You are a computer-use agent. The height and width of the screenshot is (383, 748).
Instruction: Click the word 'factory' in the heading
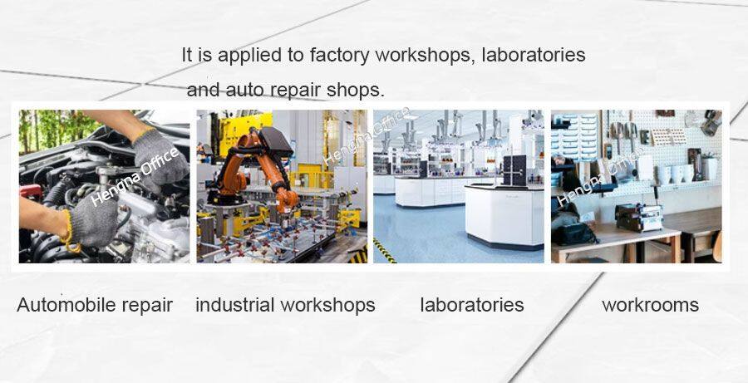click(x=339, y=56)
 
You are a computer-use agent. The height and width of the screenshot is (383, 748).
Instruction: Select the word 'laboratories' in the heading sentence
click(x=534, y=55)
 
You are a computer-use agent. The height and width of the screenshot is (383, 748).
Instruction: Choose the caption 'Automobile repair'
click(x=95, y=305)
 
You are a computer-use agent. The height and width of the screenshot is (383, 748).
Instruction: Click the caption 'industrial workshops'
click(x=285, y=305)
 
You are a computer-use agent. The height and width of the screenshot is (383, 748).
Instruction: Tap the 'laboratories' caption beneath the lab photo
click(x=472, y=305)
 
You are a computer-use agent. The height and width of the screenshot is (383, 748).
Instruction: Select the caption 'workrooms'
click(x=650, y=305)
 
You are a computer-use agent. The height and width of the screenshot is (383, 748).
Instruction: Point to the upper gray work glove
click(x=160, y=158)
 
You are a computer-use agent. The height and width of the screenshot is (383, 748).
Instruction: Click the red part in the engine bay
click(x=31, y=191)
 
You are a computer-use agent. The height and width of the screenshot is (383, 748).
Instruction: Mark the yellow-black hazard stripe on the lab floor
click(x=385, y=250)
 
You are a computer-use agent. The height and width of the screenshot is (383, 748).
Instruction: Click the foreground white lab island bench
click(x=504, y=215)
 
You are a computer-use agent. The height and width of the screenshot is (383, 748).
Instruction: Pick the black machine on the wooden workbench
click(x=638, y=217)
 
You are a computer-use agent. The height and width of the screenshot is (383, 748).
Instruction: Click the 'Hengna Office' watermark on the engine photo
click(x=135, y=177)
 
